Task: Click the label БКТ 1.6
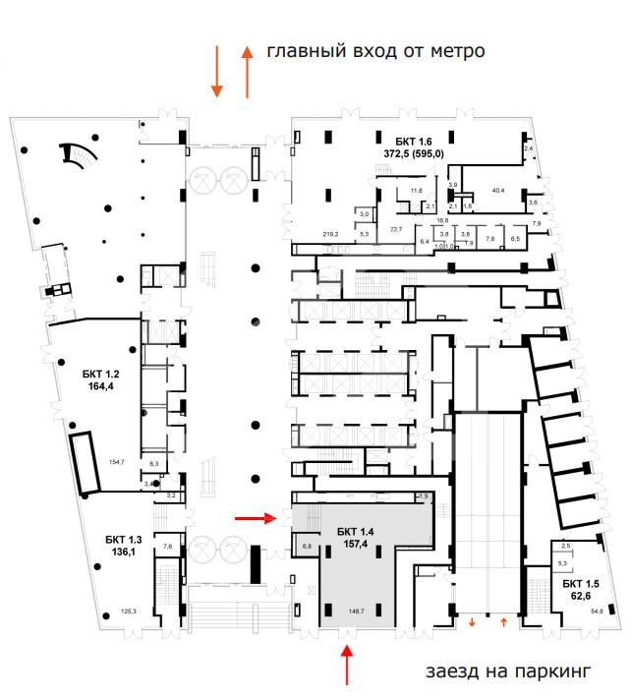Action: click(413, 141)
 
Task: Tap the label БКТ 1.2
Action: click(100, 375)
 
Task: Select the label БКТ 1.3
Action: click(124, 539)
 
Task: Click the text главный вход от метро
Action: click(376, 50)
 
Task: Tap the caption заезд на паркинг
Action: click(507, 672)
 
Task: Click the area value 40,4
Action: click(498, 191)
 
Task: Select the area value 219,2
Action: click(330, 234)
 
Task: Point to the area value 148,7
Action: click(355, 611)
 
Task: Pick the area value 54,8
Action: click(597, 612)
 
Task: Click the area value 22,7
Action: click(396, 229)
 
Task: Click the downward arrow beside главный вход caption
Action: click(216, 73)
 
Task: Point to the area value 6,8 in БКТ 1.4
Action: click(307, 546)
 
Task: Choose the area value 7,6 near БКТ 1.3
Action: click(167, 546)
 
